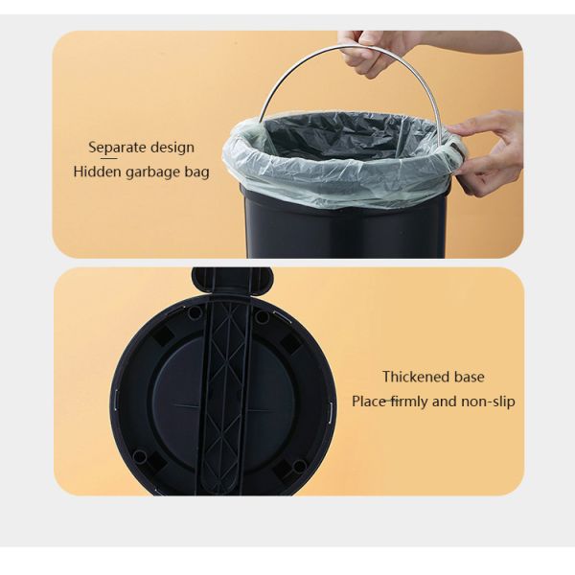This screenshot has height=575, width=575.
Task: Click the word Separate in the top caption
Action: (117, 148)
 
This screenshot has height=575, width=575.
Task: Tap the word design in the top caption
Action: (172, 148)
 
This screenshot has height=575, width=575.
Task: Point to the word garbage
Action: (157, 172)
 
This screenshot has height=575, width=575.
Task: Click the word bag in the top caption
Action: (198, 172)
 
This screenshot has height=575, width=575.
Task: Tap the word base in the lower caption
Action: (468, 377)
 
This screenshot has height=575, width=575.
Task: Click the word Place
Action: (368, 402)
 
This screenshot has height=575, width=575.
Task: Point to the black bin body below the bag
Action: (345, 230)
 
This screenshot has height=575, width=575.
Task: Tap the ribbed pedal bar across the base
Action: (225, 402)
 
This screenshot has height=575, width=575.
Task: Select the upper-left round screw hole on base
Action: (195, 312)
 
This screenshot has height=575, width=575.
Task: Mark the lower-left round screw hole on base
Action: (141, 457)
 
